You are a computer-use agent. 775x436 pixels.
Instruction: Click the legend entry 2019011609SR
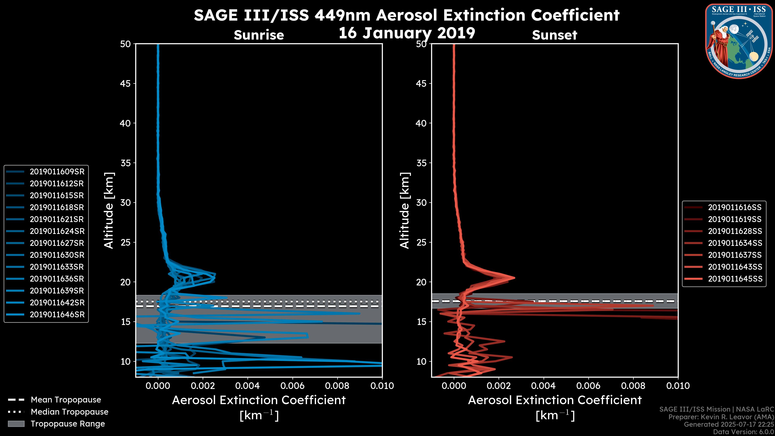(x=57, y=172)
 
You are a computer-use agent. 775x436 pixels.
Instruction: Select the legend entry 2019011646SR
(x=57, y=315)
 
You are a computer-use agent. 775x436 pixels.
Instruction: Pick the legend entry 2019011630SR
(x=57, y=255)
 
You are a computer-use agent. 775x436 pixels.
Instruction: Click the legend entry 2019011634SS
(x=735, y=243)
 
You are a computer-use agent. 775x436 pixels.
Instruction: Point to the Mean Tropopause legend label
(x=66, y=400)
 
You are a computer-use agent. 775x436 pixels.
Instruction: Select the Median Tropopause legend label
(x=69, y=412)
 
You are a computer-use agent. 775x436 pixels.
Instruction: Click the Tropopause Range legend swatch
(x=16, y=424)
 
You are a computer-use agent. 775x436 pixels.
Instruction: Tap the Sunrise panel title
(x=259, y=35)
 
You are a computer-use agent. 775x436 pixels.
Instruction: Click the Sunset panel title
(x=554, y=35)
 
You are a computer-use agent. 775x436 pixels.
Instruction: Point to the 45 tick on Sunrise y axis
(x=126, y=84)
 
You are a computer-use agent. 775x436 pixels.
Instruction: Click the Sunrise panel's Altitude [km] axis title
(x=109, y=210)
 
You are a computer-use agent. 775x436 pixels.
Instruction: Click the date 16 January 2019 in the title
(x=407, y=33)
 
